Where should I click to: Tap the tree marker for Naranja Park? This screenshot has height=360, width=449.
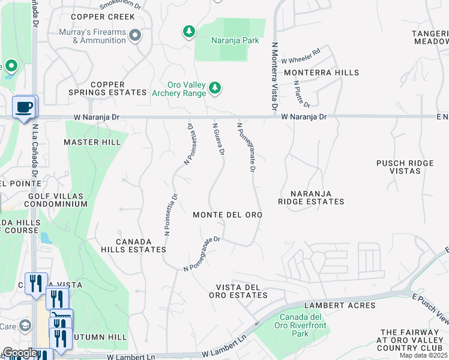point(189,31)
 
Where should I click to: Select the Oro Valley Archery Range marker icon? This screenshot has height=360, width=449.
point(215,89)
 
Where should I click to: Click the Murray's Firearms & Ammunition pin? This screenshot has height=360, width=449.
point(135,35)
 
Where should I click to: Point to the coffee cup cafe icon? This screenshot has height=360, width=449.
point(24,107)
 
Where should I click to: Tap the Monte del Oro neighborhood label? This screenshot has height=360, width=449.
point(228,215)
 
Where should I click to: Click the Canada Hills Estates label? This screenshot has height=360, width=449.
point(133,245)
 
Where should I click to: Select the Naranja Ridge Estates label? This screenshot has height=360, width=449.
point(311,197)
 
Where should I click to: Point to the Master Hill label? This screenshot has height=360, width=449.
point(92,142)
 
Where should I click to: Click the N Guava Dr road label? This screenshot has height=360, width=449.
point(218,139)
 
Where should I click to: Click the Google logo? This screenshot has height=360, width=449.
point(20,353)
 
